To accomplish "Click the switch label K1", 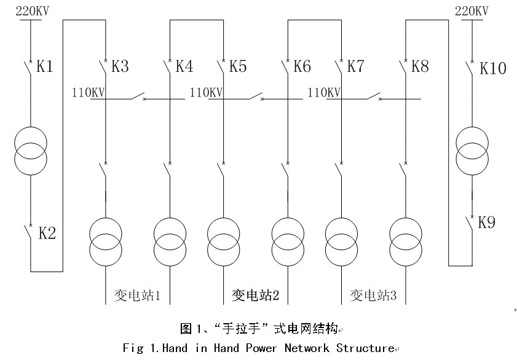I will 45,66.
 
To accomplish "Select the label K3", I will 120,66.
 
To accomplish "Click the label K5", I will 238,66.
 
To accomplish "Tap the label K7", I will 356,66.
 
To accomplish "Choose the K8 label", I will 420,66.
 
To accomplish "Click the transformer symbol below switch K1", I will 30,149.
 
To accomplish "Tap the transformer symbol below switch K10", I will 472,151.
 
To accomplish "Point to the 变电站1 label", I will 137,295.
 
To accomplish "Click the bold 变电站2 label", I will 255,295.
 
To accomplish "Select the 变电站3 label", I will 373,295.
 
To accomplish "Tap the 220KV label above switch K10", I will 472,10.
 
